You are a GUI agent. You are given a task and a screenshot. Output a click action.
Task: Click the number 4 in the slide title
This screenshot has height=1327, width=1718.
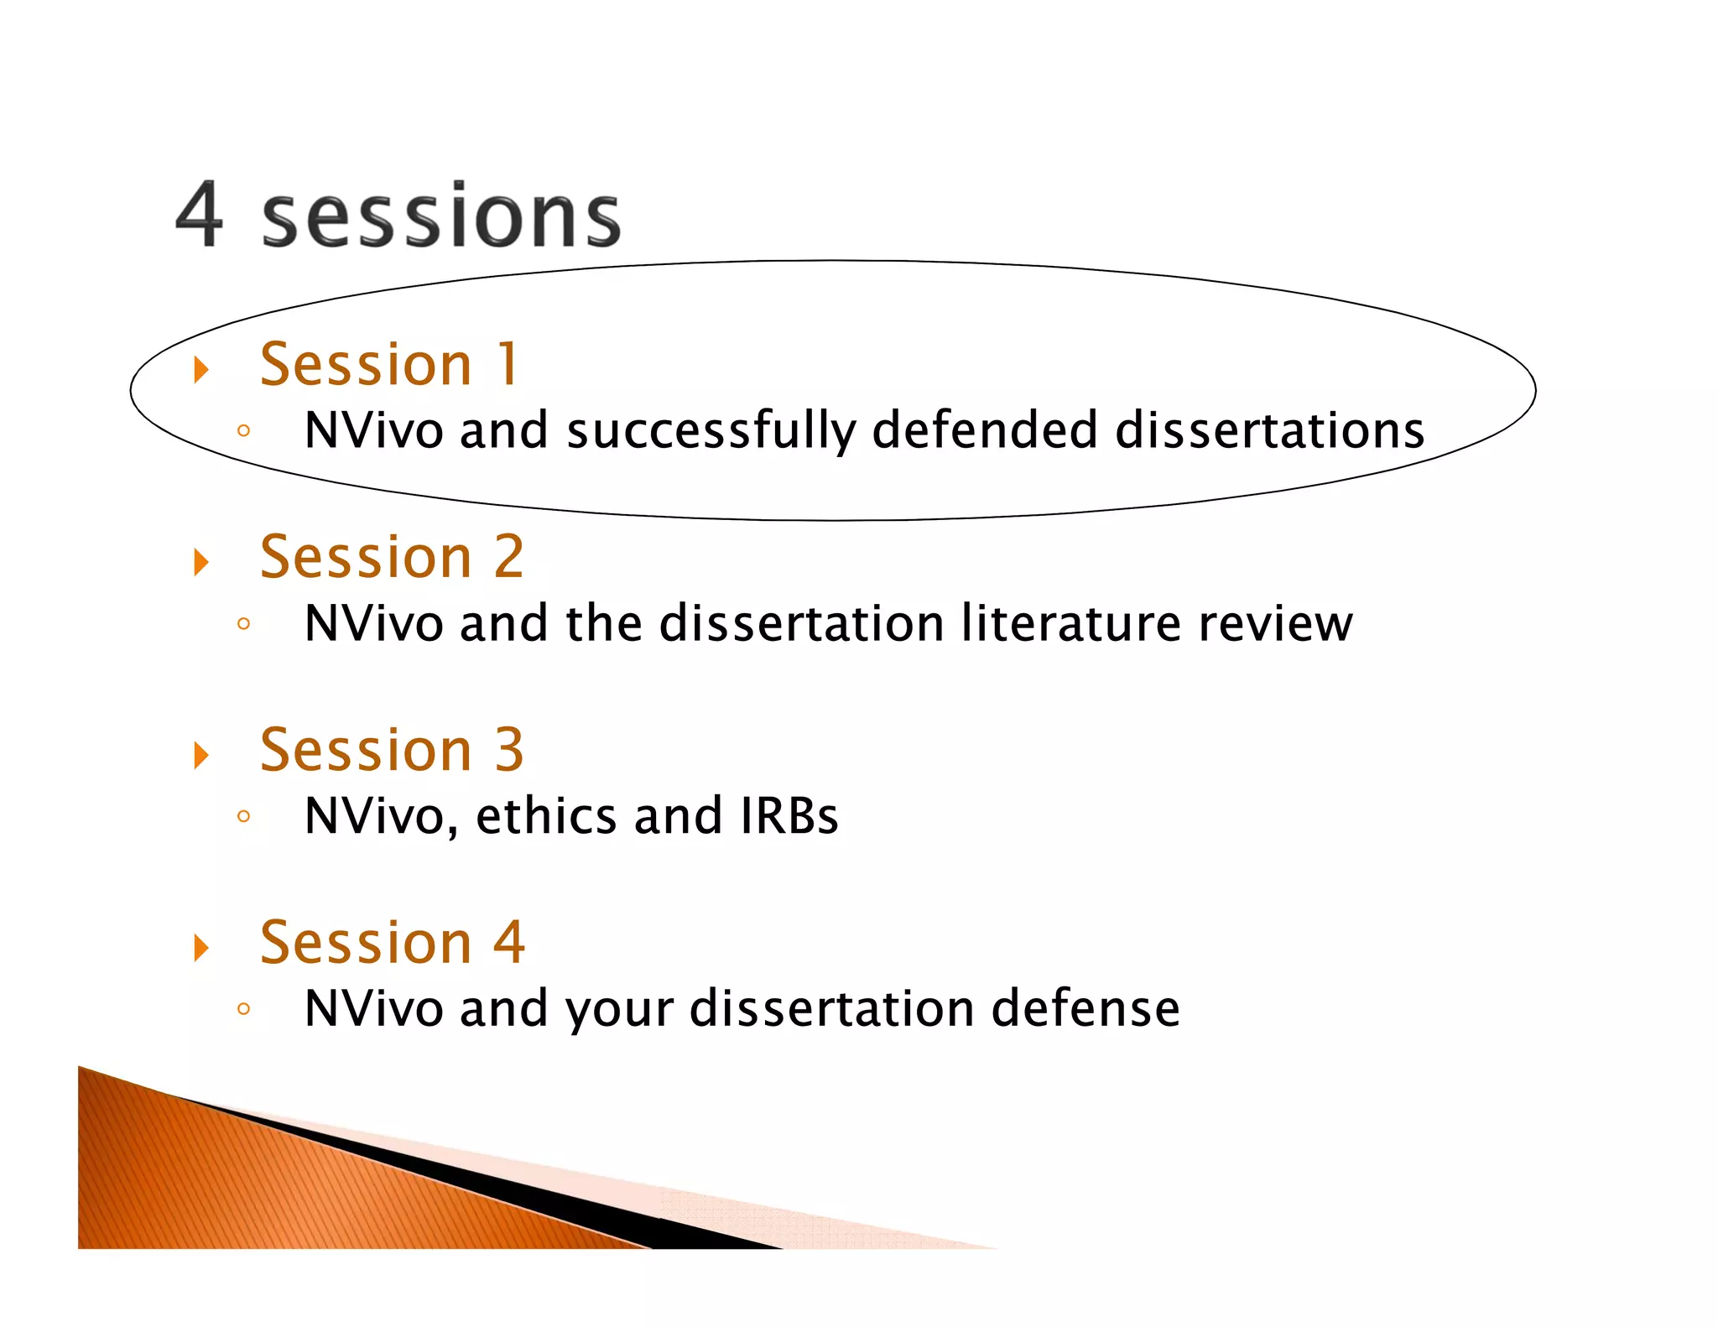pos(200,216)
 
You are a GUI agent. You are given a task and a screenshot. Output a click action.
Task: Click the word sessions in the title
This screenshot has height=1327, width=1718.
pos(440,217)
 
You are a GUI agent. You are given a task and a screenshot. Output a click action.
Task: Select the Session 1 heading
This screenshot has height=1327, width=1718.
pos(389,365)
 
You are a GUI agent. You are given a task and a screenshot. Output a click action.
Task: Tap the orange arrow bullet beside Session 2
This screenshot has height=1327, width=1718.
pos(200,561)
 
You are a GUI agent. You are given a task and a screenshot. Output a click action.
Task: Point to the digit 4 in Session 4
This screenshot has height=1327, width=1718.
pos(509,942)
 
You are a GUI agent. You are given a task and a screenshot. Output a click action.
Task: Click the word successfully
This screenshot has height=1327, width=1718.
pos(711,432)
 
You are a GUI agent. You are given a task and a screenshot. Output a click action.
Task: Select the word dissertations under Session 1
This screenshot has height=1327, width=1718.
pos(1269,430)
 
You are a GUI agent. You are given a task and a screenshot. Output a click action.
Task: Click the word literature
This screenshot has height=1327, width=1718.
pos(1070,623)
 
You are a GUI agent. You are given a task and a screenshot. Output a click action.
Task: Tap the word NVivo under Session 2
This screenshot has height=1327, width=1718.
pos(373,623)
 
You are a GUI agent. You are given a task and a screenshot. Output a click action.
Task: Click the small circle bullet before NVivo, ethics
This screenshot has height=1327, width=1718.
pos(243,816)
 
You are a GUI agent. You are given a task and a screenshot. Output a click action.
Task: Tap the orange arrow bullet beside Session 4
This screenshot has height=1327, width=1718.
pos(200,947)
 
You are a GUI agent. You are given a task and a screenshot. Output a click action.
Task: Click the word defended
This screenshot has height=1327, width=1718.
pos(984,430)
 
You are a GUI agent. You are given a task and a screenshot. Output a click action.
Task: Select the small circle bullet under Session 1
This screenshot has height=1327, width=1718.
pos(243,431)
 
